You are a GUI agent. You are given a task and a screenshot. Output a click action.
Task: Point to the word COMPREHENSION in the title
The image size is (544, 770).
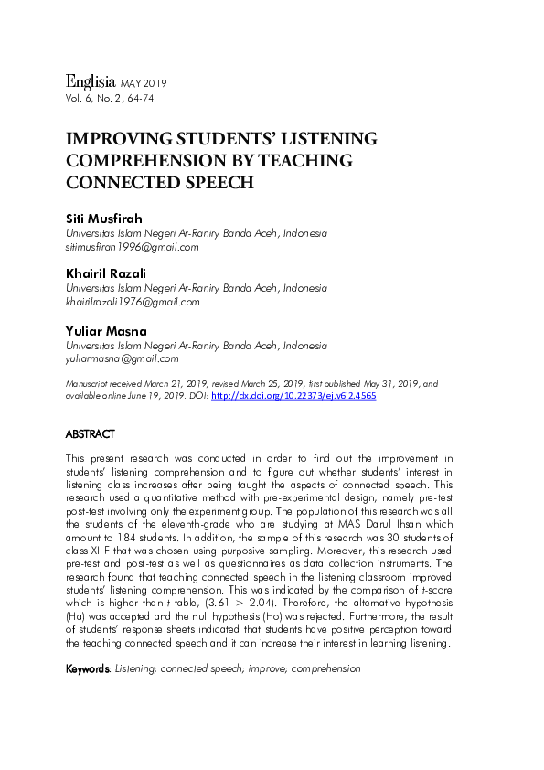point(138,160)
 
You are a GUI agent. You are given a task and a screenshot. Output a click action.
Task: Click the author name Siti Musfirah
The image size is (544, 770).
point(104,219)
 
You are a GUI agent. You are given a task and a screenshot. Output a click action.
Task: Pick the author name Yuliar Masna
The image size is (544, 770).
point(104,331)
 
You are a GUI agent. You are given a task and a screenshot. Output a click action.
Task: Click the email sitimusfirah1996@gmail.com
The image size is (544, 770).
point(132,247)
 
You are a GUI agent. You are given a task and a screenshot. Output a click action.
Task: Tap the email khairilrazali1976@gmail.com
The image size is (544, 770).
point(132,302)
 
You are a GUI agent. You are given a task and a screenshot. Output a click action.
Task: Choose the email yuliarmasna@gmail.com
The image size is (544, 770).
point(122,359)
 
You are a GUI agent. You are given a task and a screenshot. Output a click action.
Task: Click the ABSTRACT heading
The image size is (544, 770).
point(91,433)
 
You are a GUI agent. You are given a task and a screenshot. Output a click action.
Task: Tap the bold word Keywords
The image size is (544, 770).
point(88,669)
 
